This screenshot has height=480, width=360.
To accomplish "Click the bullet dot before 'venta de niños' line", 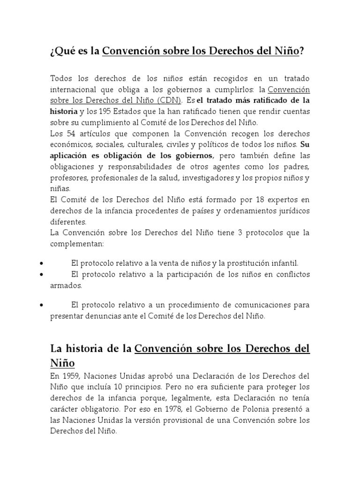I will click(x=43, y=263).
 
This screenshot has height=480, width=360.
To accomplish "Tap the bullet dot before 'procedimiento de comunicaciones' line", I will click(x=43, y=305).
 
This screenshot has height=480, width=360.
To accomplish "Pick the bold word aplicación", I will click(x=70, y=156).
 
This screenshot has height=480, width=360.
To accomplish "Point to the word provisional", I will click(x=181, y=420).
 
